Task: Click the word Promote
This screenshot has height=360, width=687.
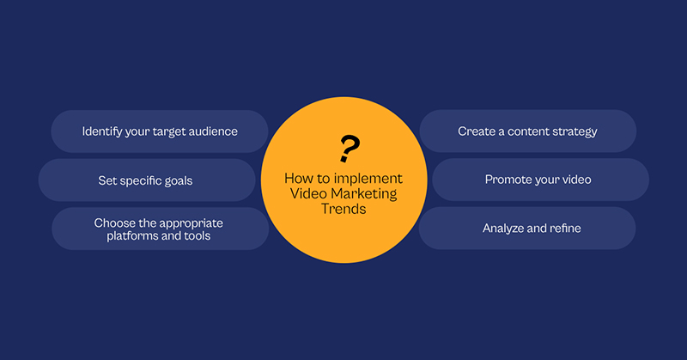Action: pyautogui.click(x=507, y=180)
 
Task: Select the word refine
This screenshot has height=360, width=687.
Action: pyautogui.click(x=565, y=228)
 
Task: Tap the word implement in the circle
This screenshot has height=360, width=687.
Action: pyautogui.click(x=368, y=179)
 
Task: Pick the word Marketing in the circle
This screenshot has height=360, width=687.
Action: pyautogui.click(x=364, y=193)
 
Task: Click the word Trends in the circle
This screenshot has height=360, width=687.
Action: pyautogui.click(x=343, y=209)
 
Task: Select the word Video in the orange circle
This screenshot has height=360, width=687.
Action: pyautogui.click(x=309, y=193)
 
